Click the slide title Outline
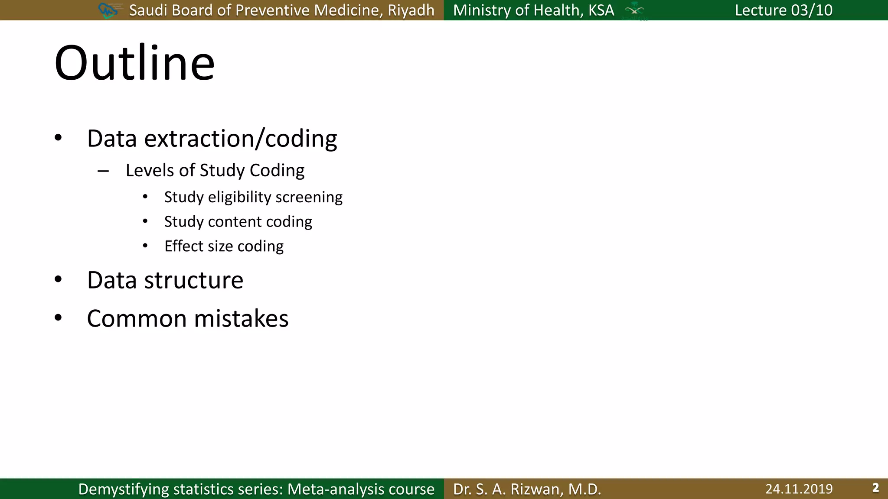point(134,63)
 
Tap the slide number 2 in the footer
point(875,488)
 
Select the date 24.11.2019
point(799,489)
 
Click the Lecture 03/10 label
point(784,10)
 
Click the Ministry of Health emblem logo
point(634,10)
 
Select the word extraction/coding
point(241,139)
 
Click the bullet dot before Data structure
point(58,279)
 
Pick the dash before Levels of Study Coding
point(103,171)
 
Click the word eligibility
point(239,197)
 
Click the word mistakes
point(241,318)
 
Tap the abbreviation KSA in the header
point(601,10)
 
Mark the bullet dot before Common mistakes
point(58,318)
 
